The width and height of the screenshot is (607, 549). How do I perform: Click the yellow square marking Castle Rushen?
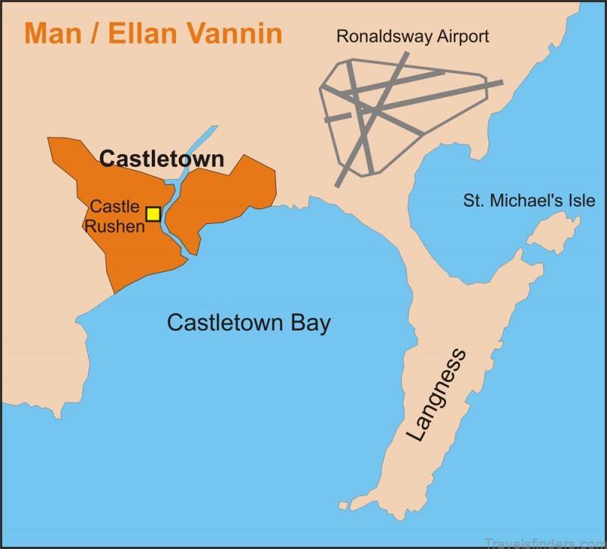tap(153, 213)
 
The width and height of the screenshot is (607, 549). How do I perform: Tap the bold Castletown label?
tap(162, 159)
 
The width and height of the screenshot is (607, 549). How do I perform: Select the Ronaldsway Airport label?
tap(413, 36)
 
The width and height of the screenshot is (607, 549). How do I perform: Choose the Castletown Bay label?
tap(249, 323)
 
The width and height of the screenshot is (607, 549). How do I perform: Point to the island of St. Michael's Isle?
tap(554, 231)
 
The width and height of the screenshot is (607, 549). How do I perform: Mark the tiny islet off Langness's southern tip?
tap(343, 505)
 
